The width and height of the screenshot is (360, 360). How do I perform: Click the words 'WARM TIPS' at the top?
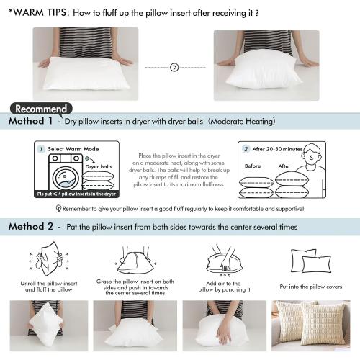pos(41,12)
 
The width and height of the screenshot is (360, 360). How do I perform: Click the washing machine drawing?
pos(60,174)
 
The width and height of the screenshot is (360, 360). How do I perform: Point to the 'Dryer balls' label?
pos(99,166)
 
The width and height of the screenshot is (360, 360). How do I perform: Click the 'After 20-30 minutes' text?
pos(277,149)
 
